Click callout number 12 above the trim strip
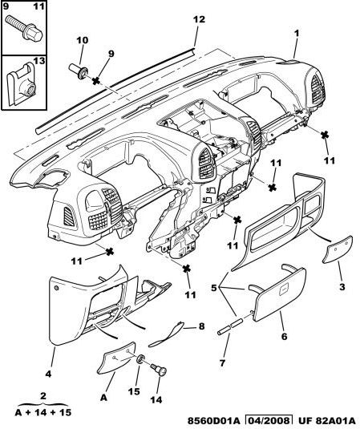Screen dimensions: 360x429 [199, 19]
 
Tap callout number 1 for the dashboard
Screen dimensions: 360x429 [297, 34]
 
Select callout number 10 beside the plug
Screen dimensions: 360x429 [82, 40]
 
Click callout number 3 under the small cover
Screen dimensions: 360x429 [342, 287]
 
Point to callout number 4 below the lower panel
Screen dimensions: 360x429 [48, 374]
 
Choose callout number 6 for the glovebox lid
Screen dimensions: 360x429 [285, 336]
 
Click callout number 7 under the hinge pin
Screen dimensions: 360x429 [222, 363]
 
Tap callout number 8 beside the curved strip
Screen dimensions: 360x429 [201, 326]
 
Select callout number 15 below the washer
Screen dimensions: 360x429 [134, 391]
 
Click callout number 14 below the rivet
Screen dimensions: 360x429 [156, 399]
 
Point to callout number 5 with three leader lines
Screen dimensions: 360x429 [214, 288]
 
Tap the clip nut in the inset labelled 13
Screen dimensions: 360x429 [21, 84]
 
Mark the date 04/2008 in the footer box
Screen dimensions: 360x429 [269, 420]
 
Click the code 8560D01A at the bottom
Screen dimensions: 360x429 [213, 420]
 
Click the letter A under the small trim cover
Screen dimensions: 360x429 [103, 397]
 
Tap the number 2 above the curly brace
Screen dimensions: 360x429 [43, 395]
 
